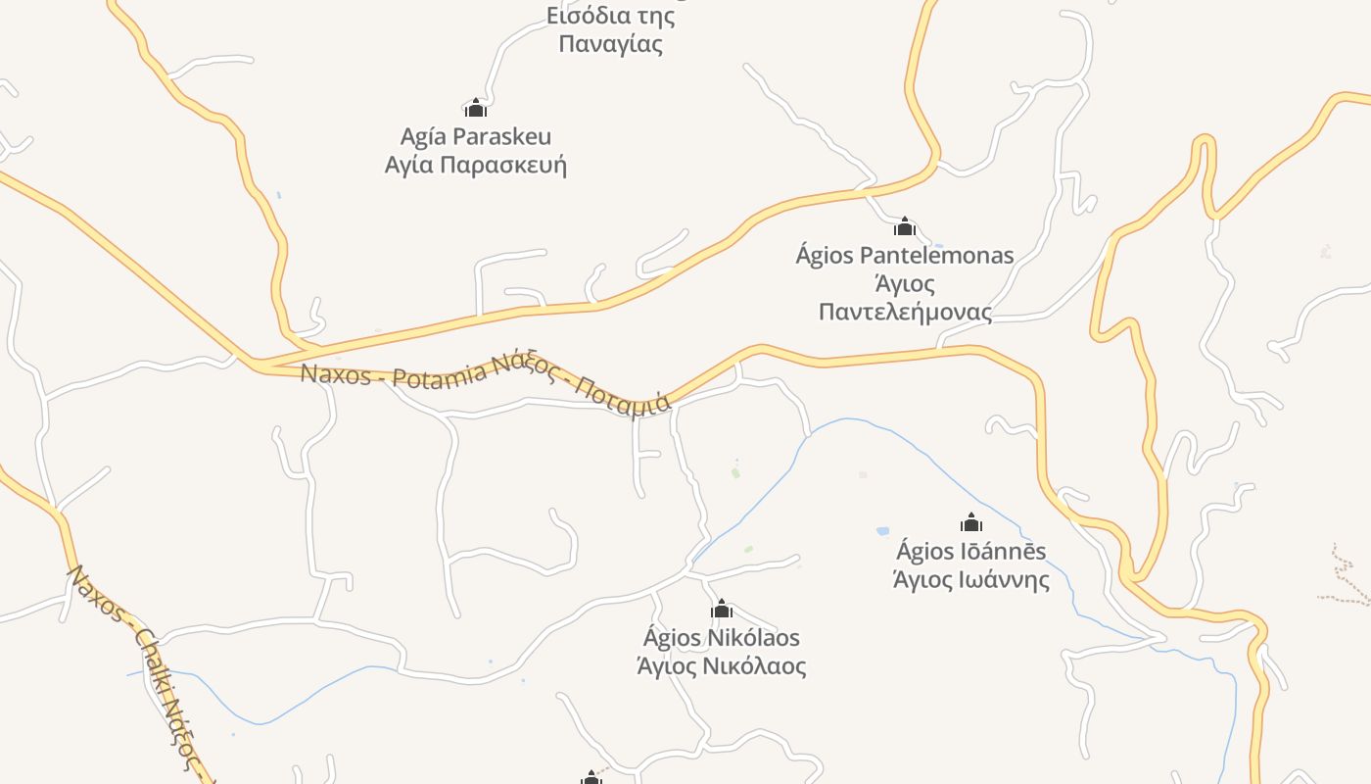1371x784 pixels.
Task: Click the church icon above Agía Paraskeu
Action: point(476,108)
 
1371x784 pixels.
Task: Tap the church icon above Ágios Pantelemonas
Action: point(905,227)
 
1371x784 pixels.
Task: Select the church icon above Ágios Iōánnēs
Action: point(971,522)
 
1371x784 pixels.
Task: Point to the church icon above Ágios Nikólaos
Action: point(722,610)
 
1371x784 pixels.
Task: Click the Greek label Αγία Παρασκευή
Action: point(476,165)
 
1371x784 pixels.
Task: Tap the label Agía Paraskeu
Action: point(476,136)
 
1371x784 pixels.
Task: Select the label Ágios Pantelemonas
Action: point(905,256)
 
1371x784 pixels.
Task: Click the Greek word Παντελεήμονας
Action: point(905,313)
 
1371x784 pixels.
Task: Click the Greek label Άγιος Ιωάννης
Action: point(971,580)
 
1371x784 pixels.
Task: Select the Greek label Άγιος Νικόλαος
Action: point(722,667)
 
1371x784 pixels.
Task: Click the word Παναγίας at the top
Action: point(611,44)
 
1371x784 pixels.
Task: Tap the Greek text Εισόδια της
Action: point(611,16)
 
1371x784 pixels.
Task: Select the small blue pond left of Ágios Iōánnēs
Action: point(883,531)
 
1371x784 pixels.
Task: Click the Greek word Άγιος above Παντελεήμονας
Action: point(905,284)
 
